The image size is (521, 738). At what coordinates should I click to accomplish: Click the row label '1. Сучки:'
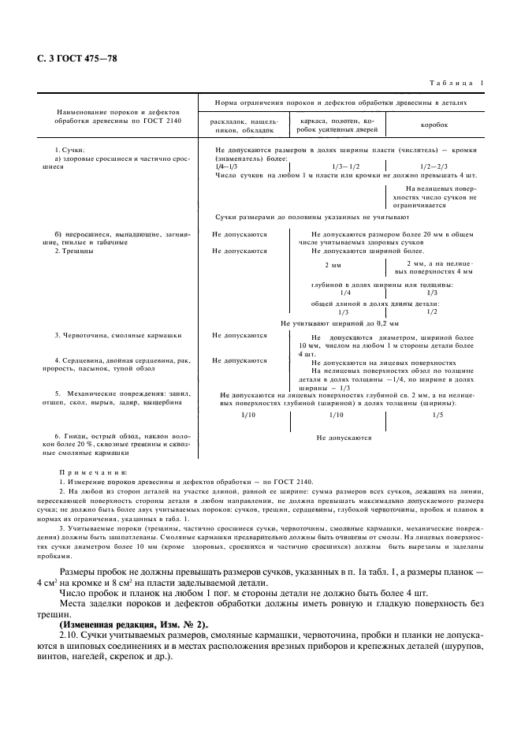[69, 149]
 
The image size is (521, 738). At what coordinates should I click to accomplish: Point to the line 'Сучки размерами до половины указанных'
[311, 216]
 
